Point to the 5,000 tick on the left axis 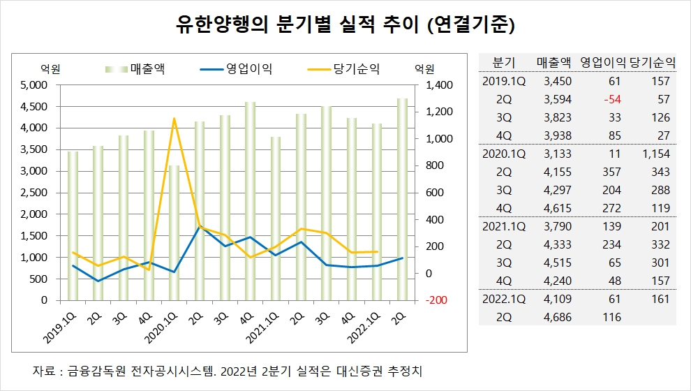(33, 85)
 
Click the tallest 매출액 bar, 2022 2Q (402, 199)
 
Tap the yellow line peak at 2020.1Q (174, 119)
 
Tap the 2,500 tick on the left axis (33, 193)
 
